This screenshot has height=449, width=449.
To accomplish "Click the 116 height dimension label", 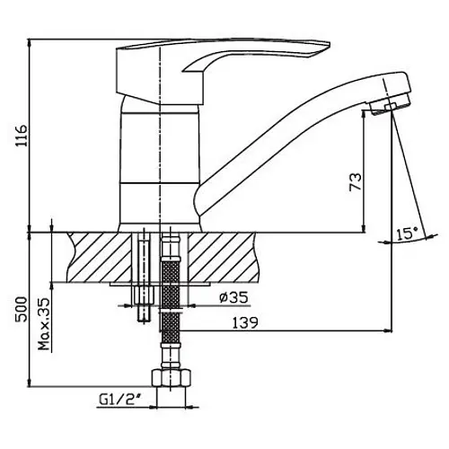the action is (22, 136).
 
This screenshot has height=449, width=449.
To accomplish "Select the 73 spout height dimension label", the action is (356, 181).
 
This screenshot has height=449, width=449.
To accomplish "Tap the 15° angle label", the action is (407, 233).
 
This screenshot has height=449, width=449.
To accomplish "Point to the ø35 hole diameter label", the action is (233, 297).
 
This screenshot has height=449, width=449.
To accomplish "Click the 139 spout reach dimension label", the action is (245, 322).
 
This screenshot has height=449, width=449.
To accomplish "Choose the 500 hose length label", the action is (21, 309).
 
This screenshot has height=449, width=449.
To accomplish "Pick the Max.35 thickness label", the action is (44, 324).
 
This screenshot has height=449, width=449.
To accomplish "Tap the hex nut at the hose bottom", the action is (171, 378).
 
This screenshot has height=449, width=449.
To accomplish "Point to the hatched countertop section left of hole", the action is (100, 257).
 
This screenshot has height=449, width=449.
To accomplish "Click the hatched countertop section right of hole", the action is (223, 257).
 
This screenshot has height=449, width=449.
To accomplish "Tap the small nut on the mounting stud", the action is (144, 295).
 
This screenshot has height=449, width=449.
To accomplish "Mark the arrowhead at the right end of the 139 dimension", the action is (388, 330).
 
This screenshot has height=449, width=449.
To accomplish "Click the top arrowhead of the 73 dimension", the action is (364, 114).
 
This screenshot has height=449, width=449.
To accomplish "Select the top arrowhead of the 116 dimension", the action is (29, 43).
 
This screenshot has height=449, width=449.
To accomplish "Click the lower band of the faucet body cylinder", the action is (159, 204).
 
